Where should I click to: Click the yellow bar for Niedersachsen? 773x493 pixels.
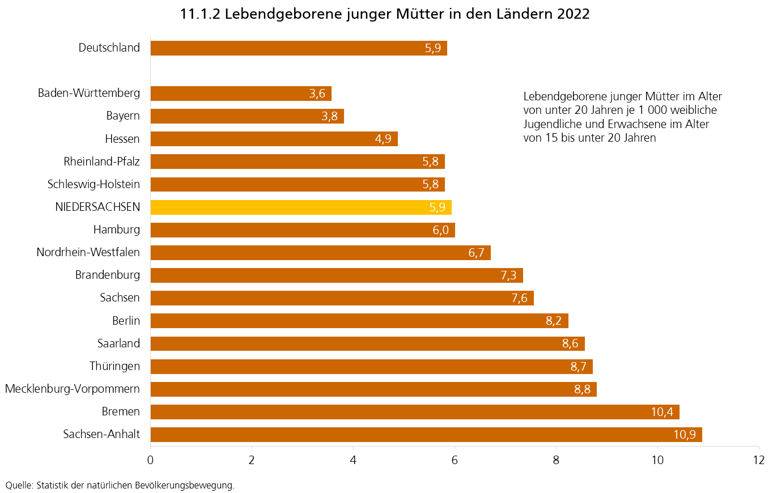pyautogui.click(x=300, y=207)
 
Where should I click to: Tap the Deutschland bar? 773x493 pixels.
pyautogui.click(x=299, y=48)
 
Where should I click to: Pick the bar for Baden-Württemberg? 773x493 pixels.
pyautogui.click(x=241, y=93)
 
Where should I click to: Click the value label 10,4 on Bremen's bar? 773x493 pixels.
pyautogui.click(x=662, y=412)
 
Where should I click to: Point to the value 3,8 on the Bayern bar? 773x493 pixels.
pyautogui.click(x=330, y=117)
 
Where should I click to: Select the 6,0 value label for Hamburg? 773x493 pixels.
pyautogui.click(x=441, y=230)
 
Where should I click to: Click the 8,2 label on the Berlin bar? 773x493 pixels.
pyautogui.click(x=554, y=321)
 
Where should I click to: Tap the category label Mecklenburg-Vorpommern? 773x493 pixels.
pyautogui.click(x=73, y=389)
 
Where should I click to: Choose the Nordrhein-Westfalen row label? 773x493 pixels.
pyautogui.click(x=88, y=252)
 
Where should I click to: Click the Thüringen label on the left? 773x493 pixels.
pyautogui.click(x=114, y=366)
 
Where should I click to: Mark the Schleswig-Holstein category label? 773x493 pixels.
pyautogui.click(x=94, y=184)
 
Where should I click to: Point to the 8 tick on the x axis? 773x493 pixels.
pyautogui.click(x=556, y=460)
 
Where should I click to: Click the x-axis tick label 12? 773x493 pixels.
pyautogui.click(x=758, y=460)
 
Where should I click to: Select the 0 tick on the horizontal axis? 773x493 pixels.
pyautogui.click(x=151, y=460)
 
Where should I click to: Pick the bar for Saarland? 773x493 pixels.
pyautogui.click(x=367, y=343)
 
